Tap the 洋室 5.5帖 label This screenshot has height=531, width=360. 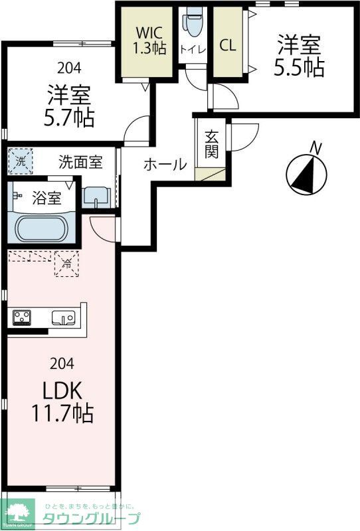point(300,56)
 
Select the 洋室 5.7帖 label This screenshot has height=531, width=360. point(69,106)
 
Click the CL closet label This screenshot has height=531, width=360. point(227,46)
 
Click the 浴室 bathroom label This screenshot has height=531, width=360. point(46,197)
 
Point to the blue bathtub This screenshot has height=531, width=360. point(42,229)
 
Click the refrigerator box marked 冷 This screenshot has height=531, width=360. point(67,264)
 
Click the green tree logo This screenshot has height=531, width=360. point(18,512)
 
